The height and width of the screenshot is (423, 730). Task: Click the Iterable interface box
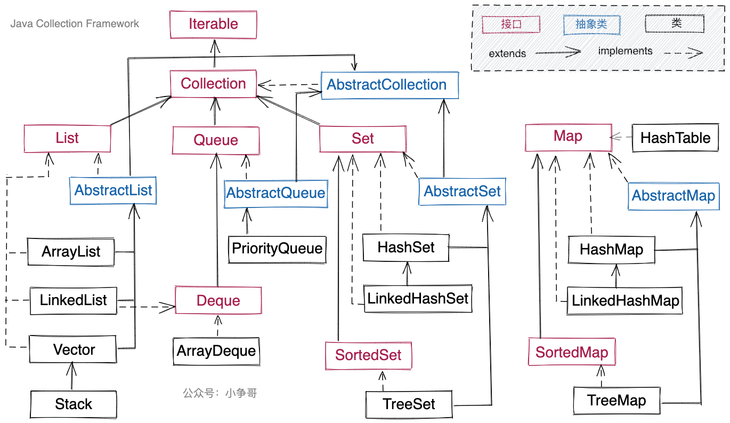pyautogui.click(x=213, y=24)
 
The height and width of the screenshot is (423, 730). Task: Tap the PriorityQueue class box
pyautogui.click(x=277, y=249)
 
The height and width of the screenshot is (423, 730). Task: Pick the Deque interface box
pyautogui.click(x=218, y=301)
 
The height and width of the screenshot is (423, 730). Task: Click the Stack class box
pyautogui.click(x=74, y=404)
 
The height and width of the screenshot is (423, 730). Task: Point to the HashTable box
pyautogui.click(x=675, y=138)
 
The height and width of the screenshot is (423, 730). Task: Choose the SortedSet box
pyautogui.click(x=368, y=355)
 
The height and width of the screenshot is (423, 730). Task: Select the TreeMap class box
pyautogui.click(x=617, y=401)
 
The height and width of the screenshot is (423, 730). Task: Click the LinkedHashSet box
pyautogui.click(x=418, y=298)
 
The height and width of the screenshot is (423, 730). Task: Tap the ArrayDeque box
pyautogui.click(x=216, y=351)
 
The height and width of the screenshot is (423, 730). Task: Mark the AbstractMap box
pyautogui.click(x=674, y=196)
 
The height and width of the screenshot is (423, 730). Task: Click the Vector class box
pyautogui.click(x=74, y=350)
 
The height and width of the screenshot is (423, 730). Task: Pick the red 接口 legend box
pyautogui.click(x=511, y=24)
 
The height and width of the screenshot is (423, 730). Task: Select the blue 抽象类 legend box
pyautogui.click(x=591, y=24)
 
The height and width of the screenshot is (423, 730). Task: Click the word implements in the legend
pyautogui.click(x=625, y=51)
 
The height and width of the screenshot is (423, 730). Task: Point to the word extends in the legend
pyautogui.click(x=507, y=53)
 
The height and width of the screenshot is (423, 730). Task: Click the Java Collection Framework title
pyautogui.click(x=75, y=24)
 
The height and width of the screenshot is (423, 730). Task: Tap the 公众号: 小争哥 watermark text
pyautogui.click(x=220, y=393)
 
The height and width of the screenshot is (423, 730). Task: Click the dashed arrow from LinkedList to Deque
pyautogui.click(x=147, y=306)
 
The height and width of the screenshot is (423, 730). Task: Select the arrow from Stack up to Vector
pyautogui.click(x=73, y=376)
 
